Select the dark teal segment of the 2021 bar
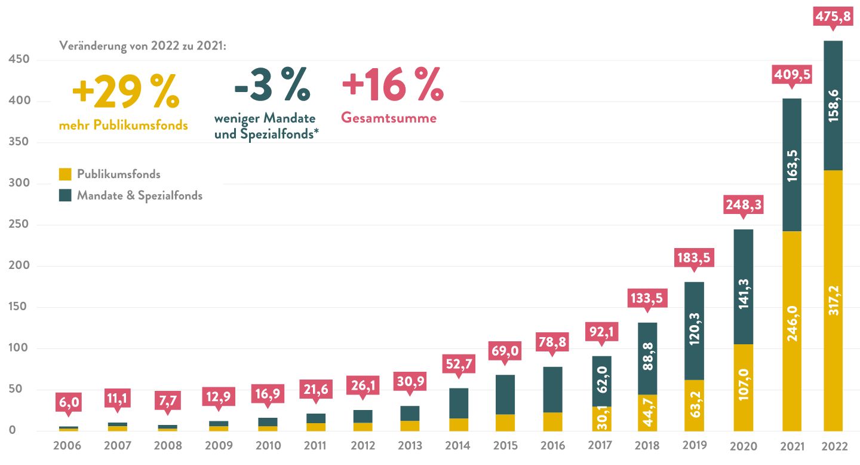[791, 164]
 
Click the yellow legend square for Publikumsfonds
[65, 175]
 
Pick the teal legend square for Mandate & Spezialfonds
[65, 195]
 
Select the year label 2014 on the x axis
[458, 446]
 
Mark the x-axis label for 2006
[67, 446]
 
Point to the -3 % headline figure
[272, 85]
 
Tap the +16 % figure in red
[392, 85]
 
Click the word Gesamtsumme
[389, 118]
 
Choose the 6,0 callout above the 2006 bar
[67, 402]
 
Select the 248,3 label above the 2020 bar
[743, 204]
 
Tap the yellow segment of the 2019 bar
[694, 405]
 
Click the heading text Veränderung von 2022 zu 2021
[143, 47]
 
